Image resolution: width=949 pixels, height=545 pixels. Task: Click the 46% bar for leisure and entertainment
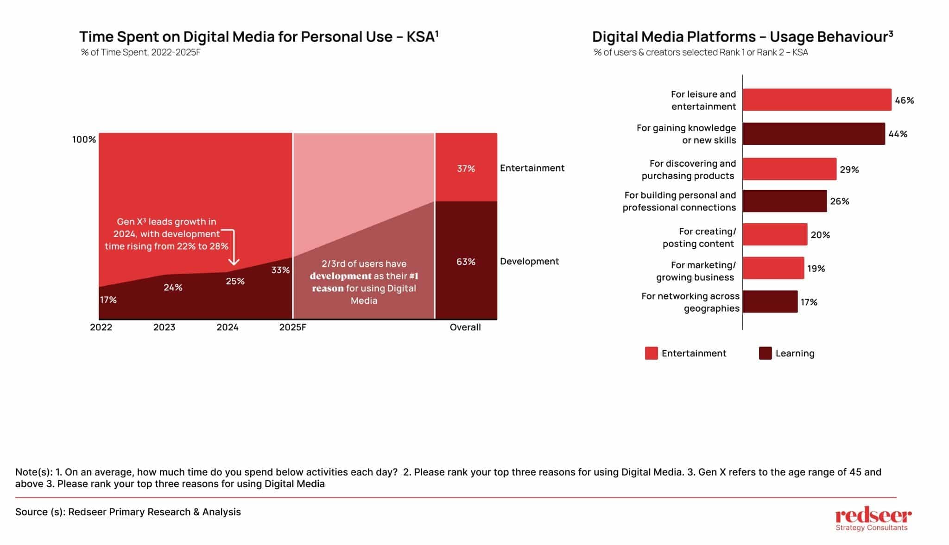[816, 100]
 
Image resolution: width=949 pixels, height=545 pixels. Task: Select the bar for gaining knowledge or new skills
[813, 134]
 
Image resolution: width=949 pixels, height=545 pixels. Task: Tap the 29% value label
[849, 169]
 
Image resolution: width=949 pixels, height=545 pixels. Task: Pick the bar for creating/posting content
[775, 235]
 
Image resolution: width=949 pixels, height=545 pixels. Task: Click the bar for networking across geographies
[770, 302]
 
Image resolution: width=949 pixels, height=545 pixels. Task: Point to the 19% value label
[816, 269]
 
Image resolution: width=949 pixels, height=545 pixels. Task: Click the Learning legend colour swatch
[765, 353]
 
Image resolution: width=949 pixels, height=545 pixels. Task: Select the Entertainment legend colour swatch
[651, 353]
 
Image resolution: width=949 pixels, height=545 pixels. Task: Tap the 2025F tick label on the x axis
[292, 327]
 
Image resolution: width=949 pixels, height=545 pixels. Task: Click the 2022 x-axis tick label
[101, 327]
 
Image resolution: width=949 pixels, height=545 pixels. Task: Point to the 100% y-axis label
[84, 139]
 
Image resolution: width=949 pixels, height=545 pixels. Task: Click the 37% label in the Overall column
[466, 169]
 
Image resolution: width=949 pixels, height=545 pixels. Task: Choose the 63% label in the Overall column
[466, 262]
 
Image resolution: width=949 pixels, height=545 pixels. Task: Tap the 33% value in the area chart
[280, 270]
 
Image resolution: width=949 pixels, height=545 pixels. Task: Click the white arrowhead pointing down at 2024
[234, 262]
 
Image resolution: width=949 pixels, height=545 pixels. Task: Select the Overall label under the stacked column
[465, 327]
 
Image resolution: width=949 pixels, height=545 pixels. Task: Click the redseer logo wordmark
[873, 516]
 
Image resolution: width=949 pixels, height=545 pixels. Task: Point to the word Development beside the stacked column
[529, 261]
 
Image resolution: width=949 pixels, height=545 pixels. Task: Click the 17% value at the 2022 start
[108, 300]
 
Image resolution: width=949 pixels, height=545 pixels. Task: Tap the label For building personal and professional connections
[679, 201]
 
